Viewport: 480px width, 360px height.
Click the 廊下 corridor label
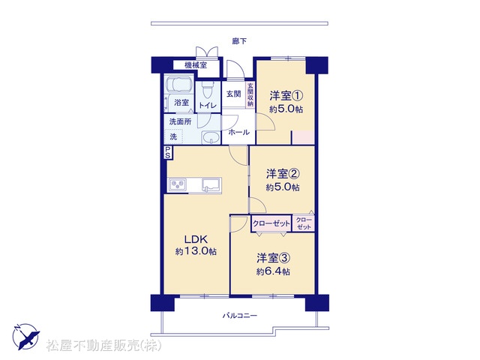239,40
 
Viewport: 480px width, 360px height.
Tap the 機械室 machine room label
196,65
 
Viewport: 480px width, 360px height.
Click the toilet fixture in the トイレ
207,88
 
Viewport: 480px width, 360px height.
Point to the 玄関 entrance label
233,94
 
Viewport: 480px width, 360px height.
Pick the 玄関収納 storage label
250,94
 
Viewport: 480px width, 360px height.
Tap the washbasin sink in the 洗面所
211,137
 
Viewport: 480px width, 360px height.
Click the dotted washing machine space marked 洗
173,136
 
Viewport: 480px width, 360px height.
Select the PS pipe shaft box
168,152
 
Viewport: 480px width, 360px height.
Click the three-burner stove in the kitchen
178,184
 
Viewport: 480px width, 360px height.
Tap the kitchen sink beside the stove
211,185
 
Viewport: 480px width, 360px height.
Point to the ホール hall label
238,132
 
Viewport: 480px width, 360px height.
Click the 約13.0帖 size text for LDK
196,251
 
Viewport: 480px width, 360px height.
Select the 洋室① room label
286,96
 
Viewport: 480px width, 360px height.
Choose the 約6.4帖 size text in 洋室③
273,271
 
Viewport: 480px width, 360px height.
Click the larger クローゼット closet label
271,223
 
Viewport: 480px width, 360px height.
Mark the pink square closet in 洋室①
303,137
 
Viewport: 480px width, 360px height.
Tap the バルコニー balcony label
240,315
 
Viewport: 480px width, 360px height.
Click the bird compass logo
25,337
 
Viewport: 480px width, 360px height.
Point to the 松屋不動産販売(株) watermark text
103,346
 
